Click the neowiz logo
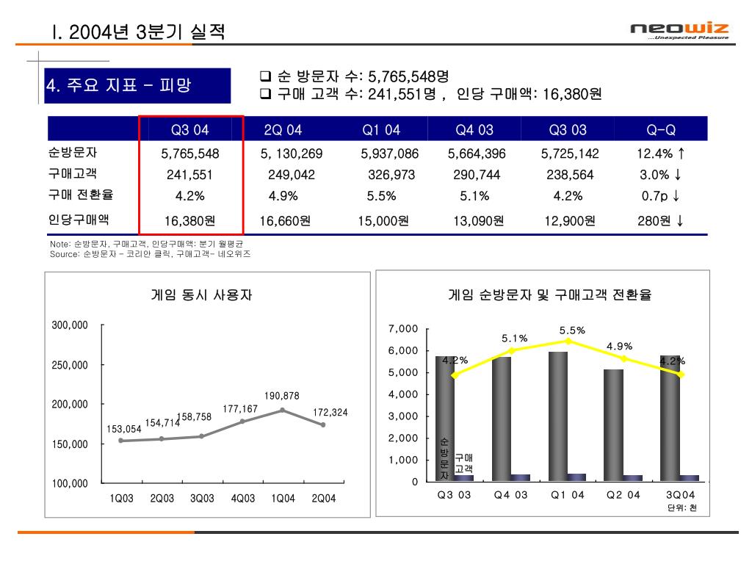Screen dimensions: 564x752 click(x=679, y=31)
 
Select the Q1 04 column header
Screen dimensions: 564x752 click(x=381, y=130)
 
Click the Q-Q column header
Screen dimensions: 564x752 click(x=661, y=130)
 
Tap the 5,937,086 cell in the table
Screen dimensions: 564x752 click(x=390, y=154)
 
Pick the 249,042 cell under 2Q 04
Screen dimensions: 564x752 click(x=292, y=175)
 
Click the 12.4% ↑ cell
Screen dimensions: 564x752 click(x=661, y=154)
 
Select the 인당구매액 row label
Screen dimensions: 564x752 click(x=78, y=219)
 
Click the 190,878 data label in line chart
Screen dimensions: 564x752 click(x=282, y=396)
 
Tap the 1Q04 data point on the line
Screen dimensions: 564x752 click(x=283, y=410)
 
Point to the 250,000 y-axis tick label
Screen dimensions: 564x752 click(x=70, y=365)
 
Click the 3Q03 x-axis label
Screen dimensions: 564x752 click(x=202, y=499)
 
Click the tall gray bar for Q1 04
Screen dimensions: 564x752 click(x=557, y=416)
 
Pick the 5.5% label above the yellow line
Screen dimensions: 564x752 click(x=572, y=330)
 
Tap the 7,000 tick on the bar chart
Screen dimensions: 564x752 click(x=405, y=328)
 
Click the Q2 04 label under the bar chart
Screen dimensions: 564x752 click(x=623, y=495)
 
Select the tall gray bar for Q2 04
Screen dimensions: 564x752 click(x=613, y=425)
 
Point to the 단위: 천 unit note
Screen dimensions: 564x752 click(x=682, y=508)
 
